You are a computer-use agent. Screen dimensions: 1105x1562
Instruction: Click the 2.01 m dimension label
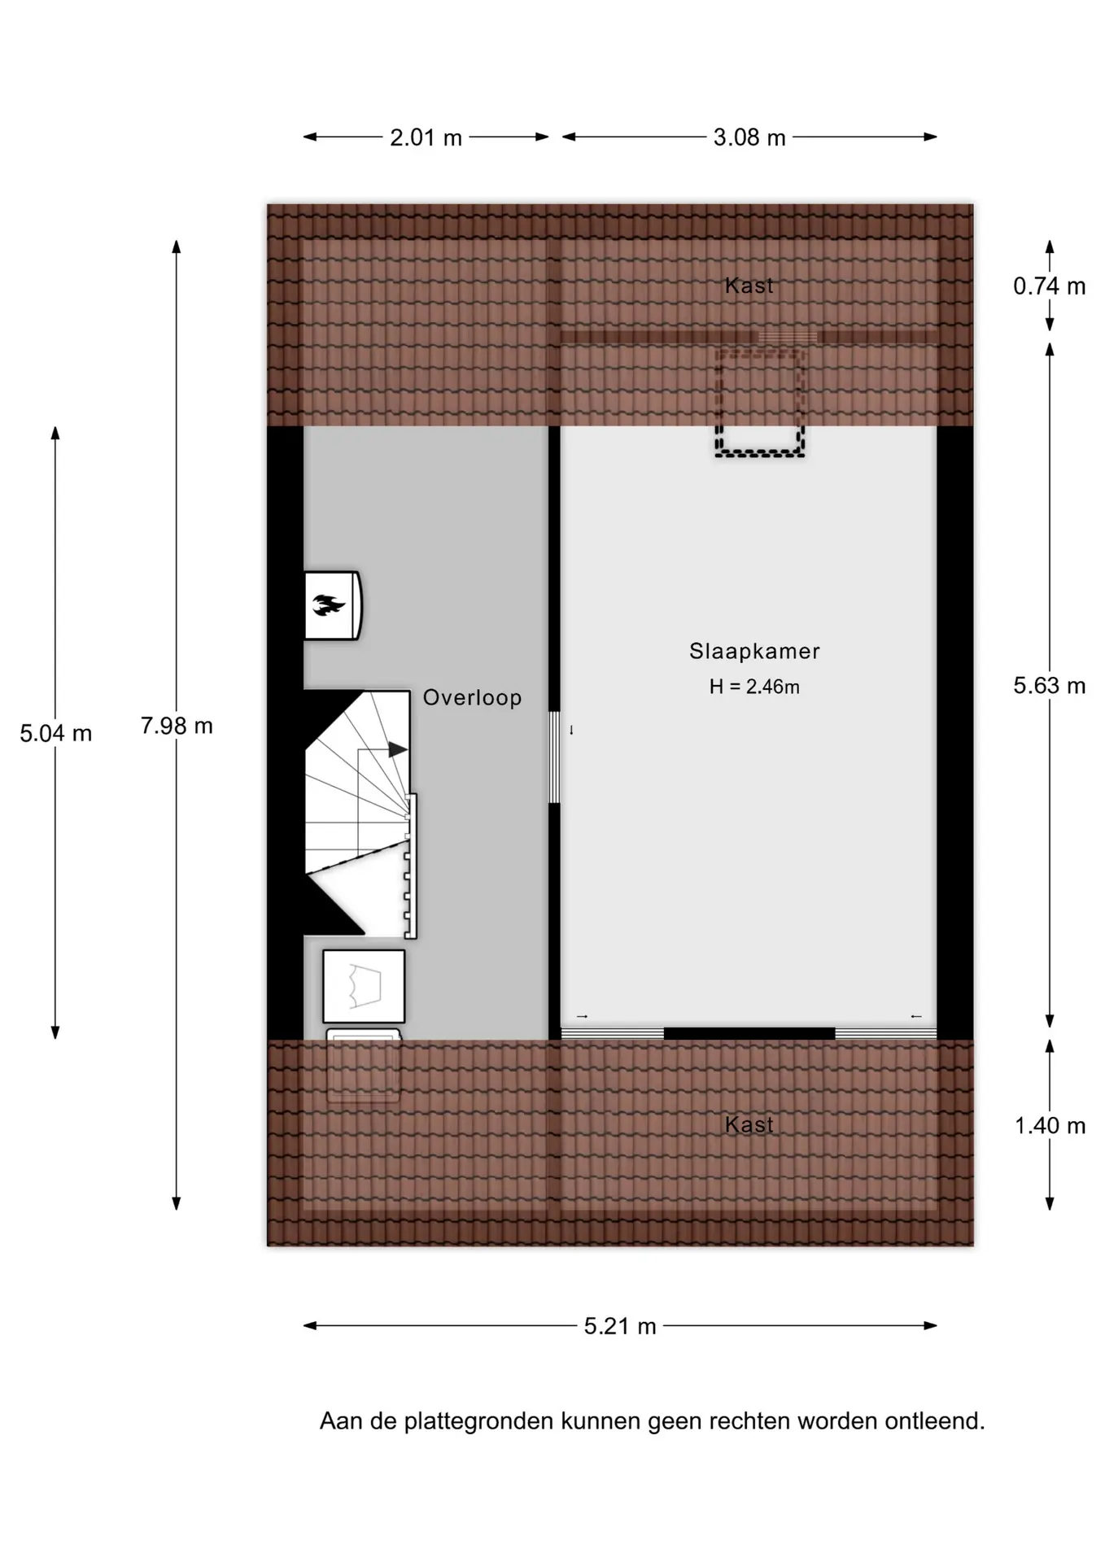coord(426,137)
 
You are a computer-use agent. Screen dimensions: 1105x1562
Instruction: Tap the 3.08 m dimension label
coord(749,137)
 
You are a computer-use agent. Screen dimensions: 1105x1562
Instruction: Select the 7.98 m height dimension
coord(177,726)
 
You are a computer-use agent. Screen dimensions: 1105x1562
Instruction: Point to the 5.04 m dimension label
coord(56,733)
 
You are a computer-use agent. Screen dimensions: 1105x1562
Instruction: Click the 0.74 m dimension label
coord(1050,286)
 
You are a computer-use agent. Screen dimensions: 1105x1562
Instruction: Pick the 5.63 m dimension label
coord(1050,686)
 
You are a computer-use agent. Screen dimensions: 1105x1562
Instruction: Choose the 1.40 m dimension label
coord(1050,1125)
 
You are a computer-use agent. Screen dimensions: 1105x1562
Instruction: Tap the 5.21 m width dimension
coord(620,1326)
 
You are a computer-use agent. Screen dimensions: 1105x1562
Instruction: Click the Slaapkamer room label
coord(754,651)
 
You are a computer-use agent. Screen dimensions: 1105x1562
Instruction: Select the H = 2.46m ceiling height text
coord(754,687)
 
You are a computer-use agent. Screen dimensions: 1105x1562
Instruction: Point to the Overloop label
coord(472,698)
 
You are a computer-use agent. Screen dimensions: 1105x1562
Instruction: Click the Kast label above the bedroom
coord(749,286)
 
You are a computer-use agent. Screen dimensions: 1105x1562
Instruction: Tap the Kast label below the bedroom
coord(749,1124)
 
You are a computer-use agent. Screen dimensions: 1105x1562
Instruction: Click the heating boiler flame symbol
coord(329,605)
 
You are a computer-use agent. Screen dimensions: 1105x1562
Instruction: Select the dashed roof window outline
coord(760,401)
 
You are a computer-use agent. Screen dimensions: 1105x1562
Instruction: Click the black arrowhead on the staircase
coord(397,749)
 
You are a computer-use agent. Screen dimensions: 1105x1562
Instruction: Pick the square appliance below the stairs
coord(364,986)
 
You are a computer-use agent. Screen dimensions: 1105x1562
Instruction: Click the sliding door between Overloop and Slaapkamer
coord(554,757)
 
